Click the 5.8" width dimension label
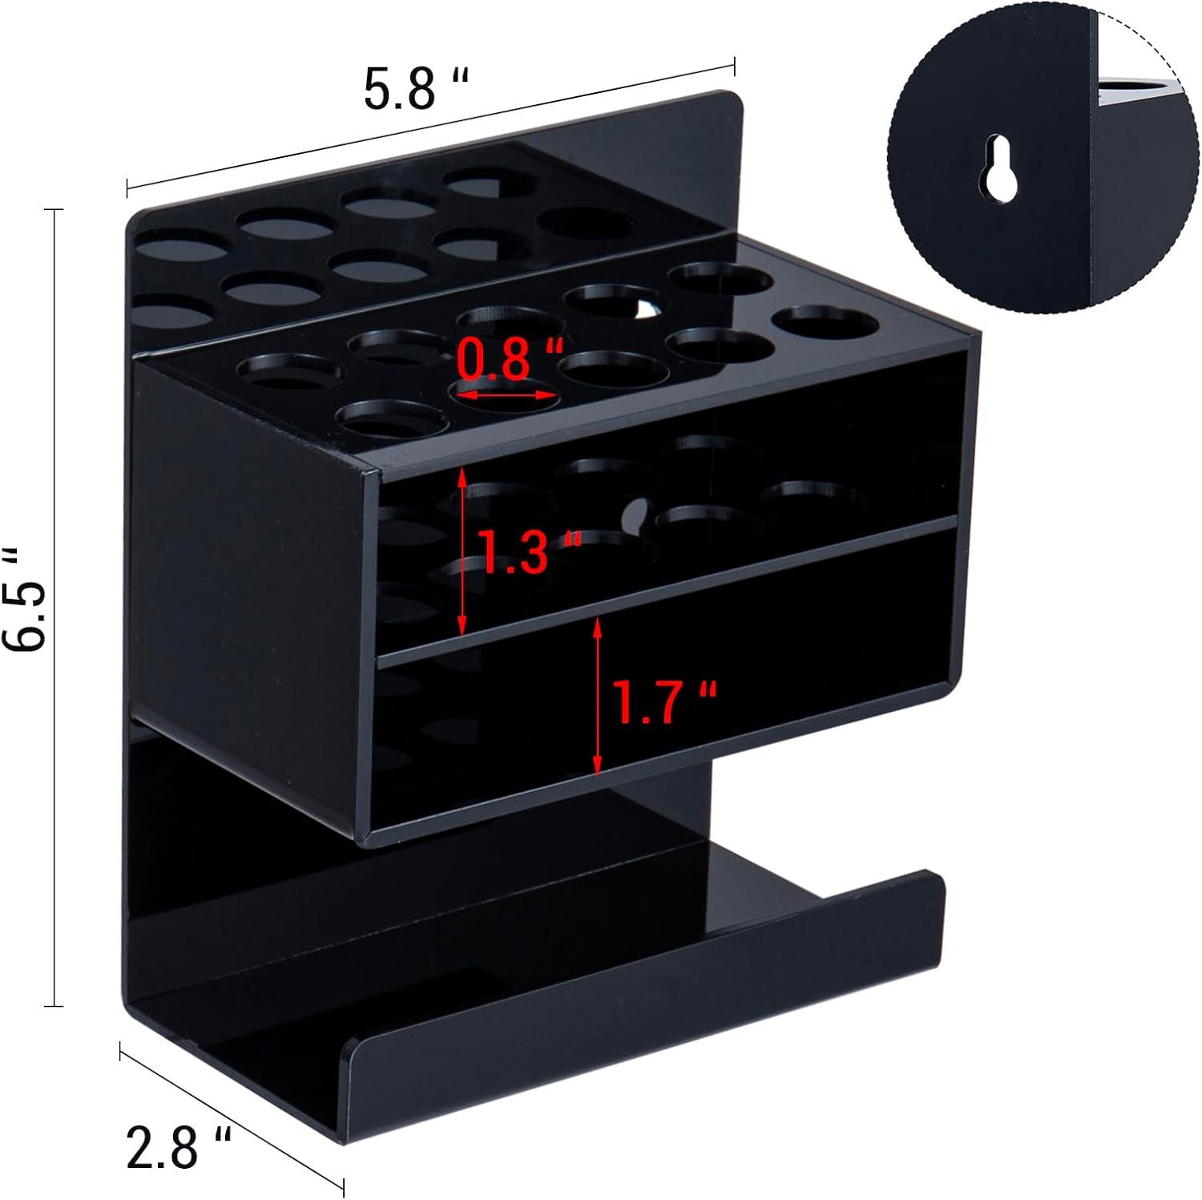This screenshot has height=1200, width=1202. pyautogui.click(x=415, y=89)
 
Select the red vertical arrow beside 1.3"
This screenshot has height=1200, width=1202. pyautogui.click(x=462, y=553)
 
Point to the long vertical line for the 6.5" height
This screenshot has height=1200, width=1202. pyautogui.click(x=54, y=606)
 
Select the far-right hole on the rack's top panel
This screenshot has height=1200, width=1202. pyautogui.click(x=825, y=324)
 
